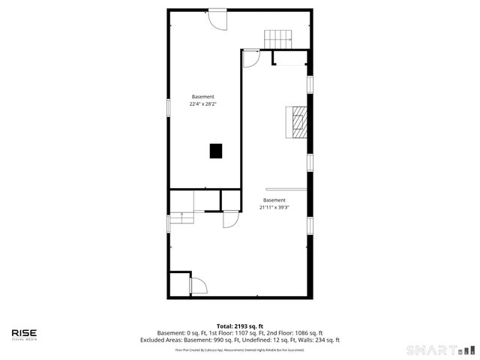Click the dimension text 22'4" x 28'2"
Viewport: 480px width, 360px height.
point(202,104)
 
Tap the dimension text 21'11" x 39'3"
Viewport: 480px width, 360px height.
point(274,207)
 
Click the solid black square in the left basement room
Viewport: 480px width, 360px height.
point(216,151)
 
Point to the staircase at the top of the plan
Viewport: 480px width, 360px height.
point(277,37)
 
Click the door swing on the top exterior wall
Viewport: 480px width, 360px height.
point(217,19)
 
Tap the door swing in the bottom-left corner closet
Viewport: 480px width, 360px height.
point(199,286)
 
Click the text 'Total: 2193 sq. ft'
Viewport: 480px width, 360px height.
point(240,326)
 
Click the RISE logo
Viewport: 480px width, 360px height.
point(24,334)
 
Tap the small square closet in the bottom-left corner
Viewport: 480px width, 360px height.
point(180,284)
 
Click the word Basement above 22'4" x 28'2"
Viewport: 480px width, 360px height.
point(202,97)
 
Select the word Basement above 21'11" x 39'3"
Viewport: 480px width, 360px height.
point(274,200)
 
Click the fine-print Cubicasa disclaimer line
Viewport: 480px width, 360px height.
point(240,349)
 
